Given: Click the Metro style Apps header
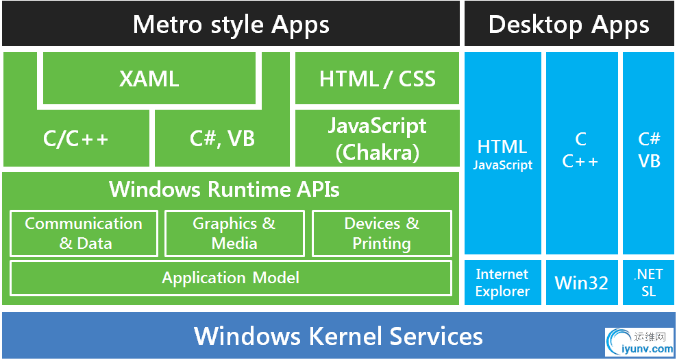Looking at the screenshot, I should click(x=230, y=25).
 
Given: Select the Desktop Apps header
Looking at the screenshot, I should click(x=569, y=25).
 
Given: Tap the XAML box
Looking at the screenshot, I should click(x=149, y=79).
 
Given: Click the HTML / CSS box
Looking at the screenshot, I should click(x=377, y=79).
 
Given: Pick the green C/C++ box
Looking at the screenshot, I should click(x=76, y=139).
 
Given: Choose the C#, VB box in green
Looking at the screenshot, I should click(x=222, y=139).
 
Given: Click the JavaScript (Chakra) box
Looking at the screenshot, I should click(x=377, y=139).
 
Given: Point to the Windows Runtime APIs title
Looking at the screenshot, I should click(x=224, y=189).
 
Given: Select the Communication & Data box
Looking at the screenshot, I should click(x=84, y=233).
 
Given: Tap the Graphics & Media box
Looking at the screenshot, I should click(x=234, y=233).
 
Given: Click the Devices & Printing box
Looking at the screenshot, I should click(x=382, y=233).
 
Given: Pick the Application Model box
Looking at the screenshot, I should click(x=230, y=278).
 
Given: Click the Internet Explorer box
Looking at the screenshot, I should click(x=502, y=283).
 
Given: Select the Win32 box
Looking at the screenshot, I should click(x=582, y=283).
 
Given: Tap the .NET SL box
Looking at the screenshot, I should click(x=648, y=283).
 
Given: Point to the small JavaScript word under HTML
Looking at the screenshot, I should click(x=502, y=165).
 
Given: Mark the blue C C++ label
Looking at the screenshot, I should click(x=581, y=150).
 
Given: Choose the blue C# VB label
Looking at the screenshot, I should click(x=649, y=150).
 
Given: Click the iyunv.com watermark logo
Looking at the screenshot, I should click(x=639, y=341).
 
